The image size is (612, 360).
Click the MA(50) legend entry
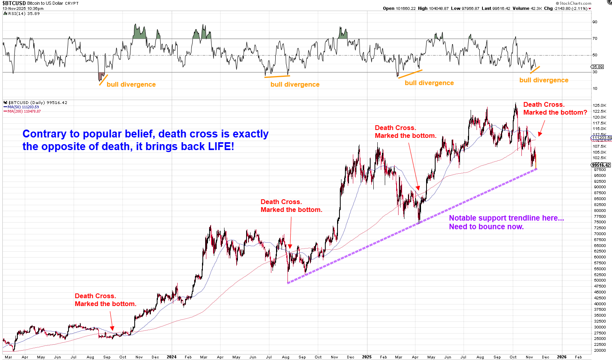tap(21, 107)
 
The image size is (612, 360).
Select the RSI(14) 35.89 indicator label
tap(22, 13)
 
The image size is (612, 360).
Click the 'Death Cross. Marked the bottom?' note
tap(555, 108)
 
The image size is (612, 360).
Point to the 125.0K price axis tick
tap(599, 106)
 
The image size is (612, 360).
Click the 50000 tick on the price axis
tap(600, 280)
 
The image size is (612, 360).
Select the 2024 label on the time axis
tap(171, 357)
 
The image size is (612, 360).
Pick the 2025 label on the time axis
tap(367, 357)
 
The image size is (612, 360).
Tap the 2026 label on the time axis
tap(562, 357)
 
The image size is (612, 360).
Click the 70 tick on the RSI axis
tap(595, 39)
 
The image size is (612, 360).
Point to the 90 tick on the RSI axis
tap(595, 22)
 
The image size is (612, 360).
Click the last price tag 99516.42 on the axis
tap(601, 165)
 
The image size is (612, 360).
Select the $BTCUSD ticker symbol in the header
tap(14, 3)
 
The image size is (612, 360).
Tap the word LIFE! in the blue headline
tap(221, 147)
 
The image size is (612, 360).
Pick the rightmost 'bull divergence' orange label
tap(543, 80)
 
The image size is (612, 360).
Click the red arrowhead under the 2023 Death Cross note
tap(112, 328)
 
